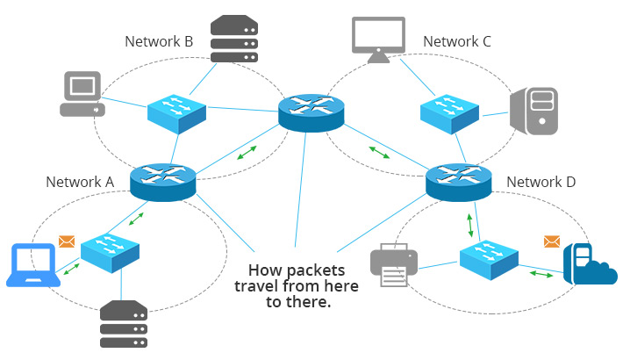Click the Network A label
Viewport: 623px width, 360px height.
[80, 182]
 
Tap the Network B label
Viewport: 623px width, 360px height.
[159, 41]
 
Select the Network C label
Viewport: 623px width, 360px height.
[457, 41]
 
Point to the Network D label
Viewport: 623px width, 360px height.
[541, 182]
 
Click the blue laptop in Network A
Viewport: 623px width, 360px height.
[33, 265]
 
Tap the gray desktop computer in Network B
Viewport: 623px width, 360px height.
[81, 95]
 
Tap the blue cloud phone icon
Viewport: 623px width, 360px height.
[588, 263]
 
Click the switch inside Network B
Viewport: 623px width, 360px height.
[176, 112]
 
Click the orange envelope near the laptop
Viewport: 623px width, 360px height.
[67, 241]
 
